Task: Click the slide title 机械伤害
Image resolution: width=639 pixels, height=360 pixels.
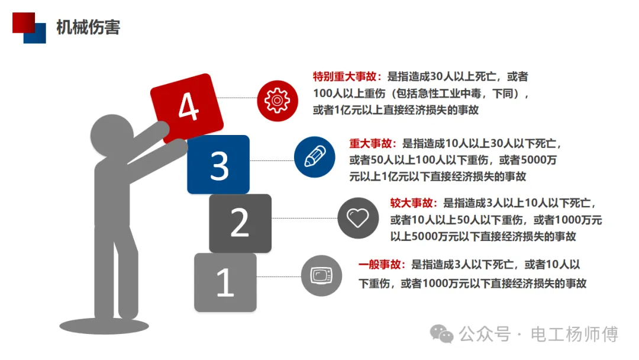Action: tap(88, 27)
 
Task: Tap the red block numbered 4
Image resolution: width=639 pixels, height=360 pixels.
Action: tap(187, 107)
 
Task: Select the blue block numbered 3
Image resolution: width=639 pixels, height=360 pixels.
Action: tap(218, 165)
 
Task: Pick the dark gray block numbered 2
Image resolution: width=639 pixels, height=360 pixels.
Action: tap(240, 223)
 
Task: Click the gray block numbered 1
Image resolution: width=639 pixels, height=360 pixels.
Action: tap(225, 282)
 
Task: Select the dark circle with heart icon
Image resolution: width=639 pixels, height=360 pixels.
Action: tap(357, 218)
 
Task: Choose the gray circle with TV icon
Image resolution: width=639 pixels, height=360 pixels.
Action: tap(321, 275)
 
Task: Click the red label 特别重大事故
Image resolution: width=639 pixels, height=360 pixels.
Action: tap(347, 76)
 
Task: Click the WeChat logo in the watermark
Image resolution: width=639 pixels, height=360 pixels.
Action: tap(443, 334)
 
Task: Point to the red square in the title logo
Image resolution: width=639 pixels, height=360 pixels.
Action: tap(23, 22)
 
